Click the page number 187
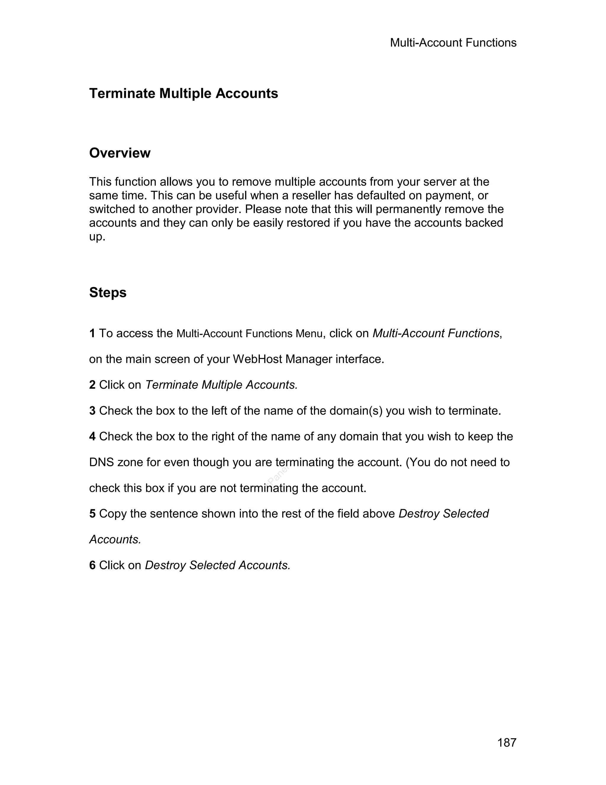pyautogui.click(x=507, y=742)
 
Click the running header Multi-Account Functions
pyautogui.click(x=453, y=43)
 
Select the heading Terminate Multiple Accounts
pyautogui.click(x=183, y=93)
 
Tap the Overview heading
pyautogui.click(x=120, y=153)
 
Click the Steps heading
pyautogui.click(x=108, y=293)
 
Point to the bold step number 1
pyautogui.click(x=92, y=333)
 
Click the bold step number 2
pyautogui.click(x=92, y=385)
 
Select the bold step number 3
pyautogui.click(x=92, y=411)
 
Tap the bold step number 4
pyautogui.click(x=92, y=436)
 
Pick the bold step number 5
pyautogui.click(x=92, y=514)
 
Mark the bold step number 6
pyautogui.click(x=92, y=565)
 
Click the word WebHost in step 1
pyautogui.click(x=257, y=359)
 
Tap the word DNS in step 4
pyautogui.click(x=101, y=462)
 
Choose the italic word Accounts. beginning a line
pyautogui.click(x=115, y=539)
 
